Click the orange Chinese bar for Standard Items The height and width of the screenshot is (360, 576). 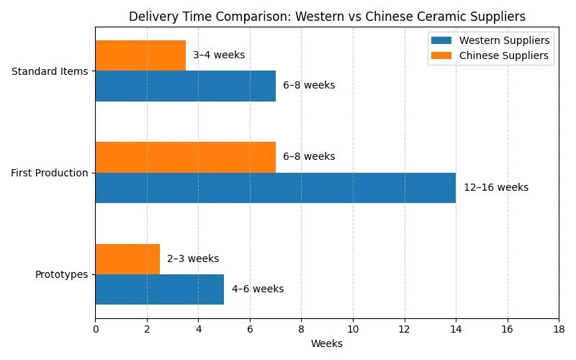pyautogui.click(x=140, y=55)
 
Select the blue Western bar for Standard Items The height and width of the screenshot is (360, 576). pyautogui.click(x=185, y=86)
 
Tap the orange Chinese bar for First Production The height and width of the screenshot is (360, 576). pyautogui.click(x=185, y=157)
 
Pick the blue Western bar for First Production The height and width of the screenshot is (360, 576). pyautogui.click(x=275, y=188)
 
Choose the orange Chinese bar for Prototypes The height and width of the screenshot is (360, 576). pyautogui.click(x=127, y=259)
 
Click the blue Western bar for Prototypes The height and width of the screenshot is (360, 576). pyautogui.click(x=159, y=289)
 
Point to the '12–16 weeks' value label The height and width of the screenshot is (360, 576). pyautogui.click(x=496, y=188)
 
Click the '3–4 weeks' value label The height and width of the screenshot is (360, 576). pyautogui.click(x=219, y=55)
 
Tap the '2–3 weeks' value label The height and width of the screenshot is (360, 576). pyautogui.click(x=193, y=259)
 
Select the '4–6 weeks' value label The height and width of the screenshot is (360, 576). pyautogui.click(x=258, y=289)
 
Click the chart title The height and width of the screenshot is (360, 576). pyautogui.click(x=327, y=17)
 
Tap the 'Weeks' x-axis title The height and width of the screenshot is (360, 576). pyautogui.click(x=327, y=344)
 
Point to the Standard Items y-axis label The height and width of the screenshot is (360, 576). pyautogui.click(x=50, y=71)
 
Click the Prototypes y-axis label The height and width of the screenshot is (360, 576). pyautogui.click(x=61, y=275)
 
